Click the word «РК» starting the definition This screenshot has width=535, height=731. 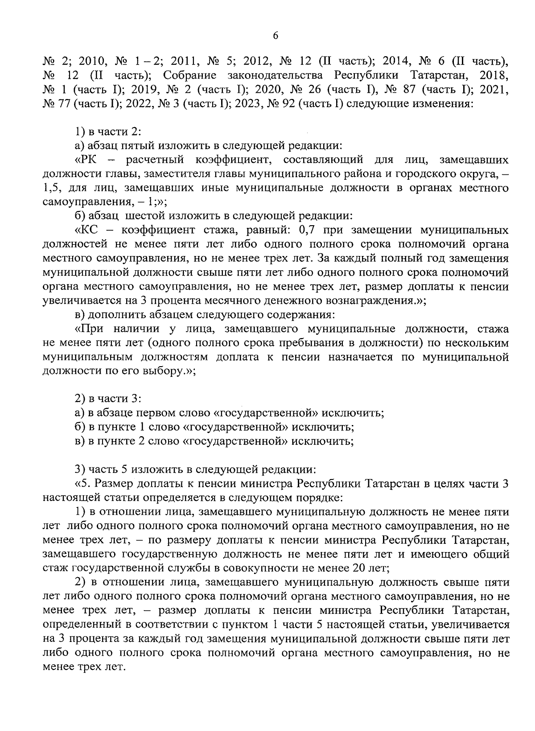coord(85,159)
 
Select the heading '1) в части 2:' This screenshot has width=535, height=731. coord(107,131)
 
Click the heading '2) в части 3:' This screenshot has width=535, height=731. coord(107,398)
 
